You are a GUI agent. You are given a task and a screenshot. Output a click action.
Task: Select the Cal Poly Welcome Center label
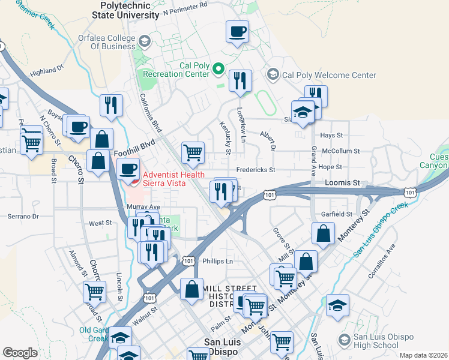coord(329,75)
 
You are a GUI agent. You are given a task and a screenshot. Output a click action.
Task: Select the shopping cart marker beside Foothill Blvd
coord(193,152)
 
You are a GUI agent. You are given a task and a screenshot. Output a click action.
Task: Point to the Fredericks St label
coord(255,170)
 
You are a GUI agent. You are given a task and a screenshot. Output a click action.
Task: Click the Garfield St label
coord(336,214)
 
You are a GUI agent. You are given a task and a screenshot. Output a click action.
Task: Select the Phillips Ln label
coord(217,261)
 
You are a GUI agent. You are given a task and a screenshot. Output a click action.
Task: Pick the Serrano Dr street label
coord(23,216)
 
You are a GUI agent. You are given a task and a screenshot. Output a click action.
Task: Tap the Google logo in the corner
coord(20,353)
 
